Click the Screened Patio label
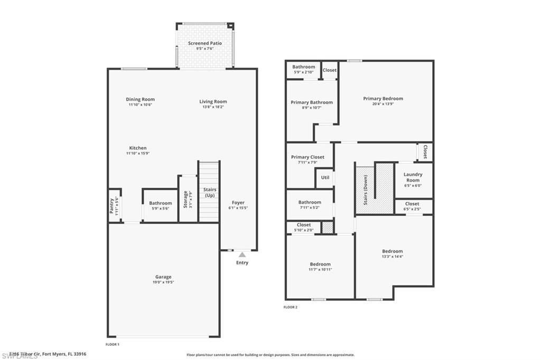tap(205, 43)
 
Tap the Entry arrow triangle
tap(242, 254)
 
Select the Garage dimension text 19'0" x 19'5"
tap(163, 282)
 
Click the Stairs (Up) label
tap(210, 193)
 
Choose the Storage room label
tap(185, 198)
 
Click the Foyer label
tap(238, 202)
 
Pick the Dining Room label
tap(140, 99)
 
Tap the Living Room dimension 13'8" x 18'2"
tap(213, 107)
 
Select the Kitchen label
tap(138, 148)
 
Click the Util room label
tap(325, 177)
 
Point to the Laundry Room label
tap(413, 177)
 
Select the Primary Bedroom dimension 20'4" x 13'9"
tap(383, 104)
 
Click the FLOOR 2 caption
tap(291, 307)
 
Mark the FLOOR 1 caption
tap(113, 344)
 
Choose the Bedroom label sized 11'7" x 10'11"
tap(320, 264)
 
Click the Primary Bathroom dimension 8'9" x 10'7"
tap(312, 108)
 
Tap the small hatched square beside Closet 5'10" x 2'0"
tap(328, 228)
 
